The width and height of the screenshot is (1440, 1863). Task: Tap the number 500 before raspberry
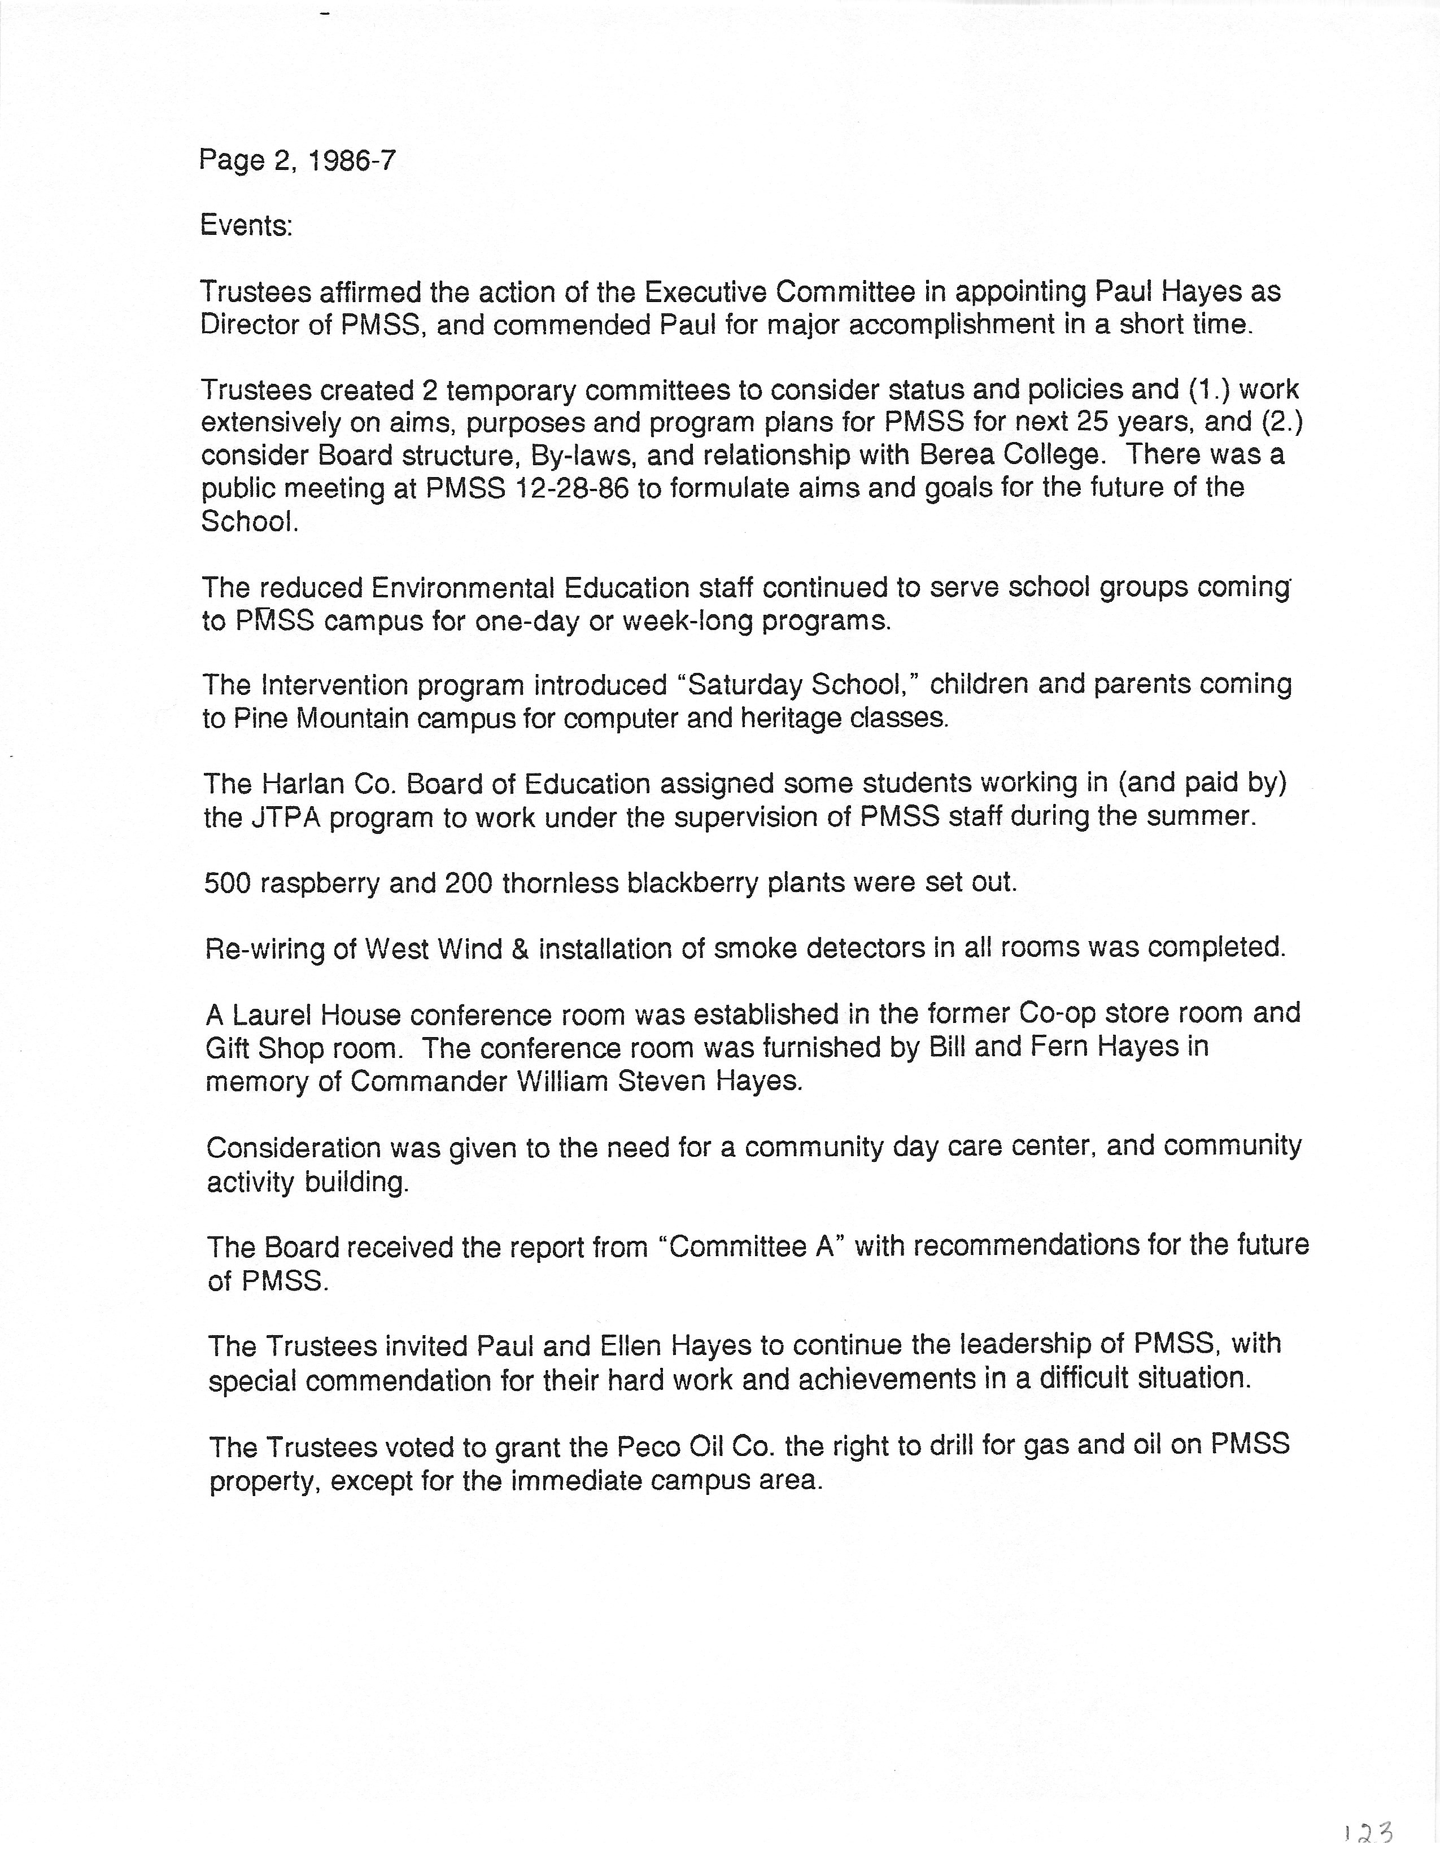point(227,883)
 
